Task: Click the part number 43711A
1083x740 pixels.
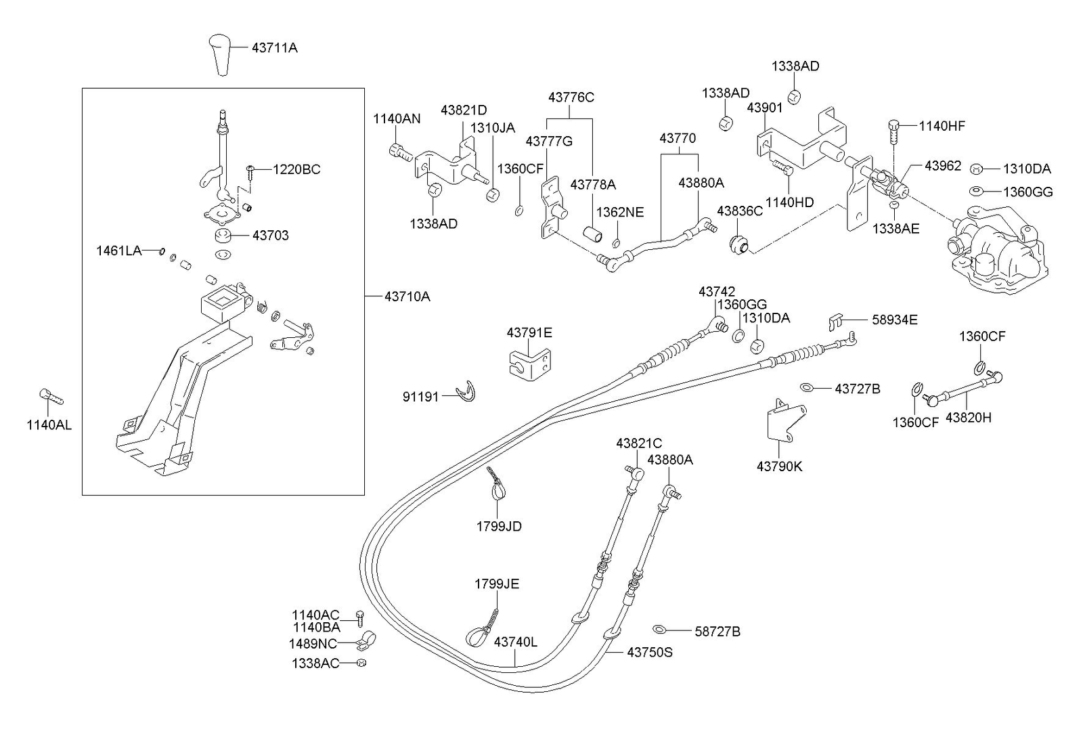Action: [274, 48]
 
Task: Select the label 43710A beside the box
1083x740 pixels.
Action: [407, 297]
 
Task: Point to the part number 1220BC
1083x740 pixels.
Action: [296, 169]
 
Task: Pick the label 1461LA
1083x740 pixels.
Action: [118, 251]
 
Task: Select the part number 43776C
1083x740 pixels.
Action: [571, 97]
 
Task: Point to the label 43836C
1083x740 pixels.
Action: [739, 211]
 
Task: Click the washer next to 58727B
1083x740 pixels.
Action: [661, 629]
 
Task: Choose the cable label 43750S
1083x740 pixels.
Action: [649, 653]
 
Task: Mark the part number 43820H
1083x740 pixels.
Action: [968, 418]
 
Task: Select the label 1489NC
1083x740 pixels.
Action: [313, 643]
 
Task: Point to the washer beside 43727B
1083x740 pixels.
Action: [807, 387]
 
